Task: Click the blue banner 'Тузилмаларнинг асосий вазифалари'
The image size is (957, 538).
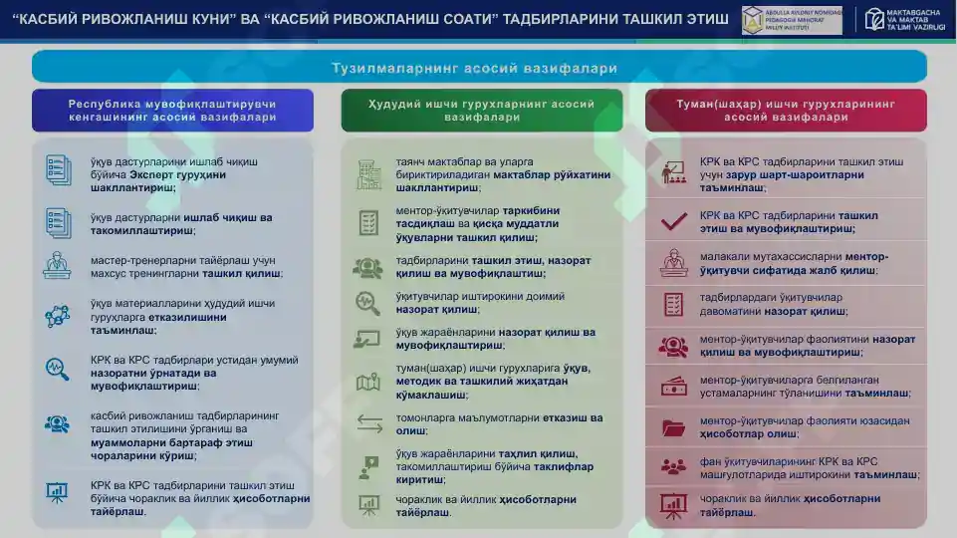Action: click(479, 68)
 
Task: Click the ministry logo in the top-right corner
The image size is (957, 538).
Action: click(900, 20)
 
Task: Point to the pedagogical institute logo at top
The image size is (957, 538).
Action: click(792, 20)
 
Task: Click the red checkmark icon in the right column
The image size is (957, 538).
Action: click(674, 221)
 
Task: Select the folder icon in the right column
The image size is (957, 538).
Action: click(674, 428)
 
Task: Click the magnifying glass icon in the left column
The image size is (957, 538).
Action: click(57, 370)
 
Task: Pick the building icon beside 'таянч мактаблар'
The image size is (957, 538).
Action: click(368, 174)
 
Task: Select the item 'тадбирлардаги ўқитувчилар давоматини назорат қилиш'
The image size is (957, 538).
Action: click(772, 304)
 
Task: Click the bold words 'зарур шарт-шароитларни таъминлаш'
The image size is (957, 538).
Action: click(792, 180)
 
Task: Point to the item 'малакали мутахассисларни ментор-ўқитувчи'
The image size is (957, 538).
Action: click(794, 263)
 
